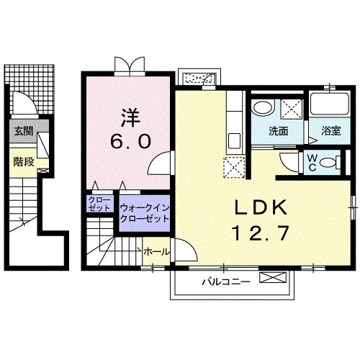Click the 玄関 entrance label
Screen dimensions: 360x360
[24, 131]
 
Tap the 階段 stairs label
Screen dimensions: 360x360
[24, 162]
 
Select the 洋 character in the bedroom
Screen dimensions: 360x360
[131, 117]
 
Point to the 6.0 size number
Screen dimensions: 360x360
[131, 141]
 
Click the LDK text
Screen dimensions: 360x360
[261, 207]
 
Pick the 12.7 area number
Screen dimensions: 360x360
[261, 233]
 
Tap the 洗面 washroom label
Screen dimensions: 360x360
[278, 131]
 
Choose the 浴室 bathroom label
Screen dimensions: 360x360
[331, 131]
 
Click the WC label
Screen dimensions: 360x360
[312, 163]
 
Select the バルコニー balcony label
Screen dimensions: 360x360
[226, 282]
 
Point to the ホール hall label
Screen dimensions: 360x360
[156, 252]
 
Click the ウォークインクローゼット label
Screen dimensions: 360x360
[145, 213]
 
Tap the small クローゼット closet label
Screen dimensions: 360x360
[99, 204]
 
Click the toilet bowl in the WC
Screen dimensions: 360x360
[328, 163]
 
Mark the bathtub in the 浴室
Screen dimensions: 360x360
[330, 104]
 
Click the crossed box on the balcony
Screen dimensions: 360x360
[273, 278]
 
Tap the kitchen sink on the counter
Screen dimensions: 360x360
[235, 141]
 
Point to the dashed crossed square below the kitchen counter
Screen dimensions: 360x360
[234, 167]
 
